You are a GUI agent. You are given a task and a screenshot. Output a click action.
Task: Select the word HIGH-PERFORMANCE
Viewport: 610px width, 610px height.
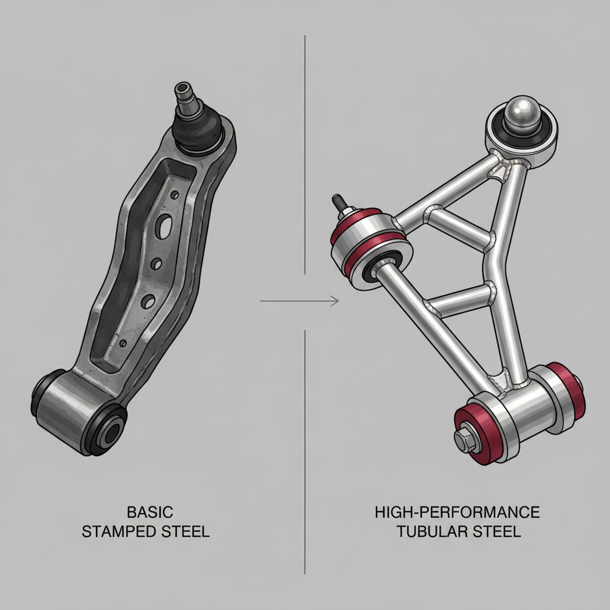click(x=457, y=512)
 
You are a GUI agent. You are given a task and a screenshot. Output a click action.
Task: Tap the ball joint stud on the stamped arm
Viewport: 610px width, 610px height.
click(x=181, y=95)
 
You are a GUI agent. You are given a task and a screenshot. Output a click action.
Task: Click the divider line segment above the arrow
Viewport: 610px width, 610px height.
click(x=305, y=149)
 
